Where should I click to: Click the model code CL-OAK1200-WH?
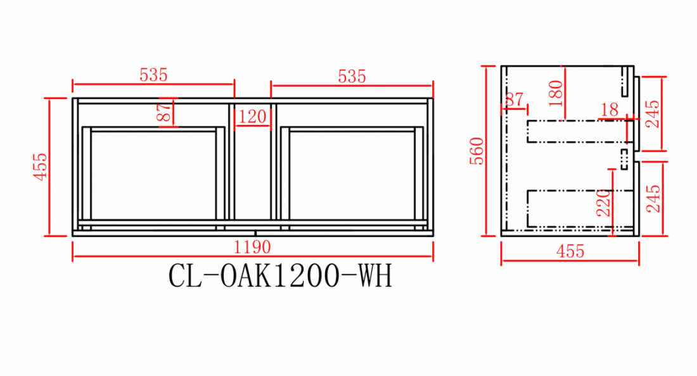[280, 276]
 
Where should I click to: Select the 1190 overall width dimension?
[252, 247]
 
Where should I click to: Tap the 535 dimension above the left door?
[153, 75]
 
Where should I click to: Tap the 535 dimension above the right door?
[352, 77]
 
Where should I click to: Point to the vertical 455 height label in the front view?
[41, 167]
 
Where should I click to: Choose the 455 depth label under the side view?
[570, 252]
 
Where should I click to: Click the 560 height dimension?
[476, 152]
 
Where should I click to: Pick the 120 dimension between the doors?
[252, 117]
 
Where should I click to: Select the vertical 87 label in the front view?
[164, 113]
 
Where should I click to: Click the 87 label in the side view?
[515, 99]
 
